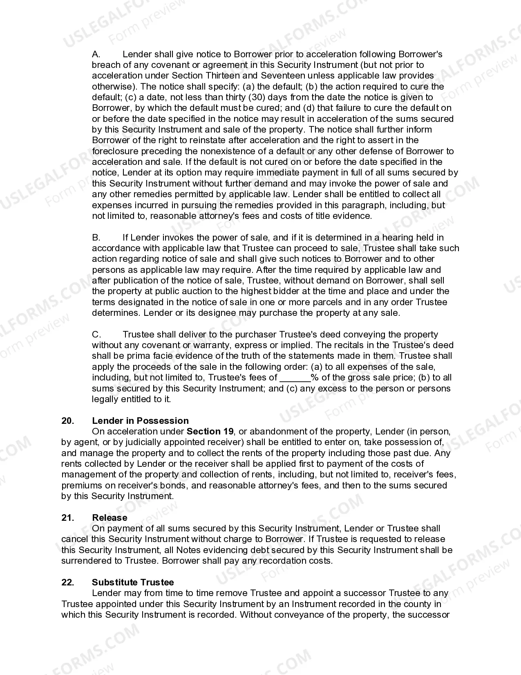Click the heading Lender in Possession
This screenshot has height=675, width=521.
coord(140,421)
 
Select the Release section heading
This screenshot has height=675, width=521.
coord(110,517)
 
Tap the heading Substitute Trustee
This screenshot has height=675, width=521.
coord(133,582)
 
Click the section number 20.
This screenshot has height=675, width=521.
coord(68,421)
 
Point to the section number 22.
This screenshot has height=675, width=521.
coord(68,582)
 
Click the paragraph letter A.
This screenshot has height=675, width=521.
coord(96,54)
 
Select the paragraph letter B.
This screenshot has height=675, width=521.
coord(96,237)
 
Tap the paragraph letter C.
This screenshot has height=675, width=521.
coord(96,334)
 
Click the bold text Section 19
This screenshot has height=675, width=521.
coord(210,431)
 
